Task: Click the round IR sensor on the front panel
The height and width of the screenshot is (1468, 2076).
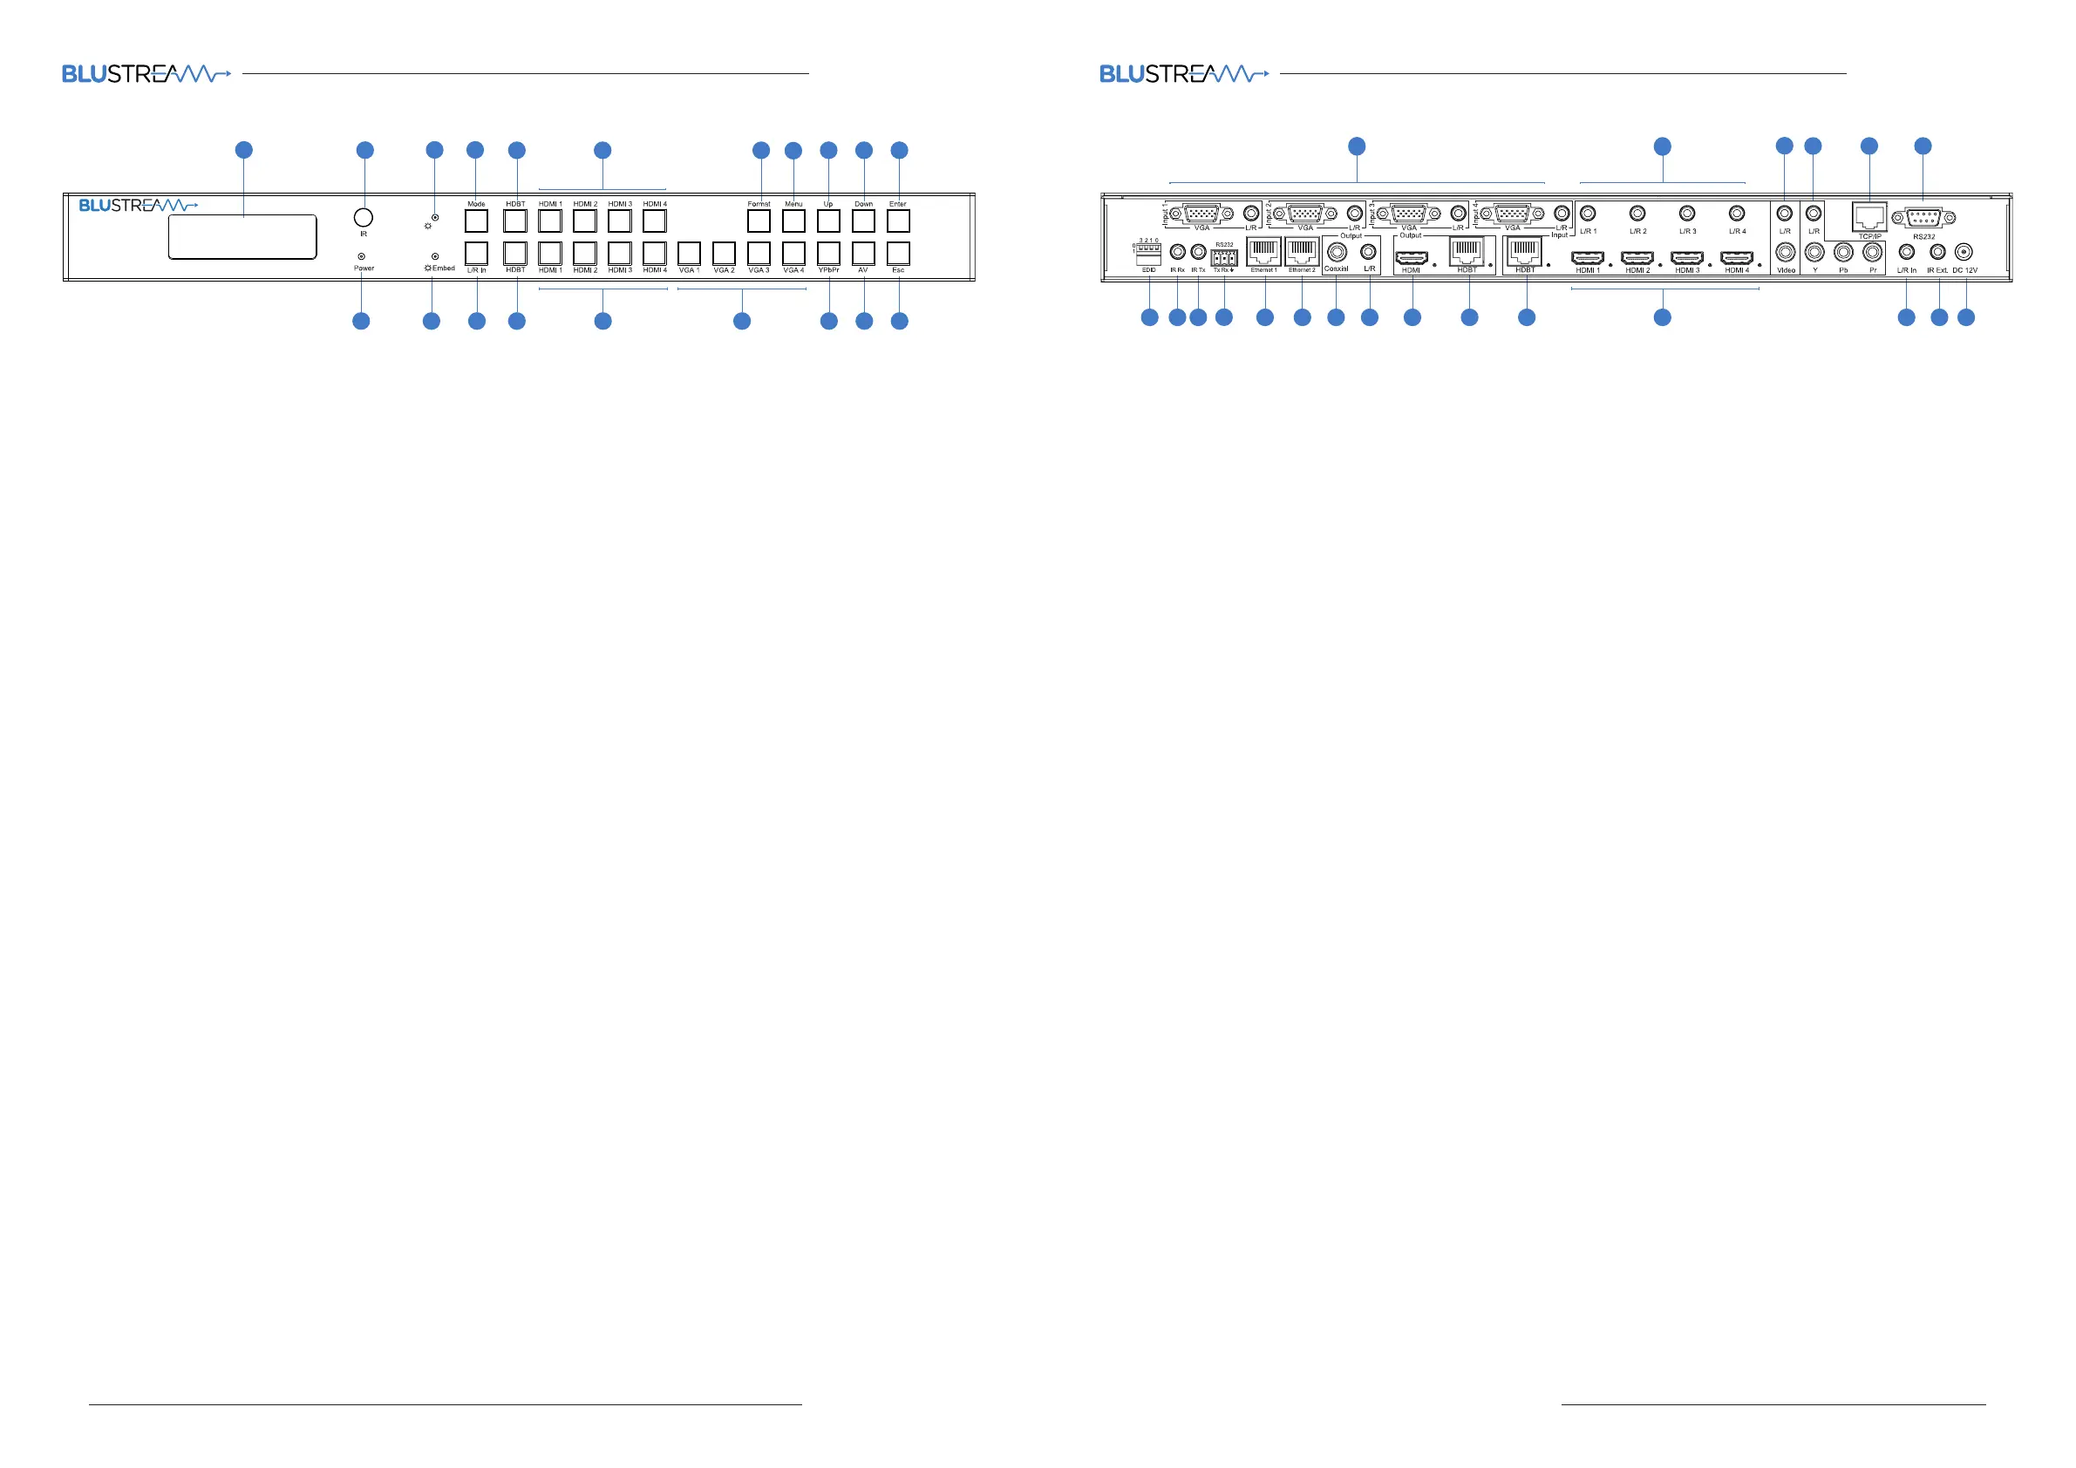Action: pos(364,217)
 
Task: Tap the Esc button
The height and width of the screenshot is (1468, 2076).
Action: pos(898,252)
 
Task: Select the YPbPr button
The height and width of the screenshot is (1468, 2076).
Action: pos(828,252)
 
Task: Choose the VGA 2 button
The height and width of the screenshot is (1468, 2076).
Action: pos(724,252)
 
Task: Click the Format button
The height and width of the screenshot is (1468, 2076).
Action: pos(759,220)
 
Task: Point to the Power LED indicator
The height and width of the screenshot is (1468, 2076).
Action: pos(362,256)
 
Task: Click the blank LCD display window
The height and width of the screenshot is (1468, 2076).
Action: pos(242,237)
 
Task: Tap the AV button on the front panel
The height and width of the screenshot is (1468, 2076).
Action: pos(863,252)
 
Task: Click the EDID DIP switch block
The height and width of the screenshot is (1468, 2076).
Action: pos(1148,254)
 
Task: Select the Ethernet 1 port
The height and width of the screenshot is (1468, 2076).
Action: pos(1264,252)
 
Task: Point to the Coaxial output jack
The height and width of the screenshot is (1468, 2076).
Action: pos(1337,253)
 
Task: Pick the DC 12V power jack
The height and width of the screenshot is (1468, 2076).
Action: pos(1964,253)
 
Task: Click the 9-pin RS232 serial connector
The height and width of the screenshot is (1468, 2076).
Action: pos(1923,218)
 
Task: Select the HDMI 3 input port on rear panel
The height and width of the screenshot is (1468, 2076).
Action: pos(1687,259)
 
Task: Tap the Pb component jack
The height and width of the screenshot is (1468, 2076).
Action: pos(1843,253)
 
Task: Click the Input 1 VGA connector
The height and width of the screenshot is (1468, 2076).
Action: pos(1201,214)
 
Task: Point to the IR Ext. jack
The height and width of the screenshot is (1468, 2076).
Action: pos(1937,253)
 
